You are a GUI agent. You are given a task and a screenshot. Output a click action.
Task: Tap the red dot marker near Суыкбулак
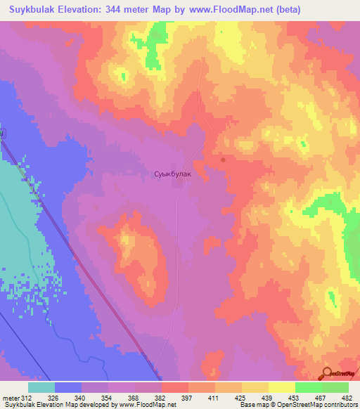point(223,160)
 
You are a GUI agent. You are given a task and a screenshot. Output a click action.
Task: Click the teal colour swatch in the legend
point(41,387)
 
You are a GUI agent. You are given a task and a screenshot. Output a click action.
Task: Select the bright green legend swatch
point(308,387)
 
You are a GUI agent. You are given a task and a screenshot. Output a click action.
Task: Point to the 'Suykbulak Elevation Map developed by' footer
point(59,405)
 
